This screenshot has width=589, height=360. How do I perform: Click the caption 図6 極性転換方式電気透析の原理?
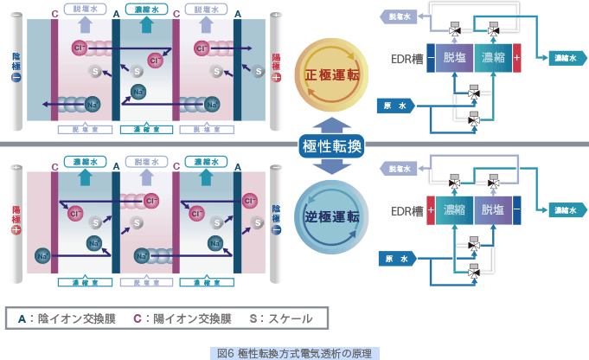click(295, 352)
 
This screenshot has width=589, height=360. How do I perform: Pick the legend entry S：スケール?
click(279, 318)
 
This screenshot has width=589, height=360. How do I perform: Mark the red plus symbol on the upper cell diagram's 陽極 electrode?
click(276, 77)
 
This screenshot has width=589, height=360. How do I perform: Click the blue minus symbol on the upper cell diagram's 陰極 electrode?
click(16, 77)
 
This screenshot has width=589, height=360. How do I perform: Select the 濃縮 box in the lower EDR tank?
click(455, 211)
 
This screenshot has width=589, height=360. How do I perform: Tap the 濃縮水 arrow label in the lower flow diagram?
click(567, 210)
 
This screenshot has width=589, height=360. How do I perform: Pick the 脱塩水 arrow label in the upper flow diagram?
click(398, 16)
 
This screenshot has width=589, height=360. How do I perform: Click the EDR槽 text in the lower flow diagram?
click(407, 211)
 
